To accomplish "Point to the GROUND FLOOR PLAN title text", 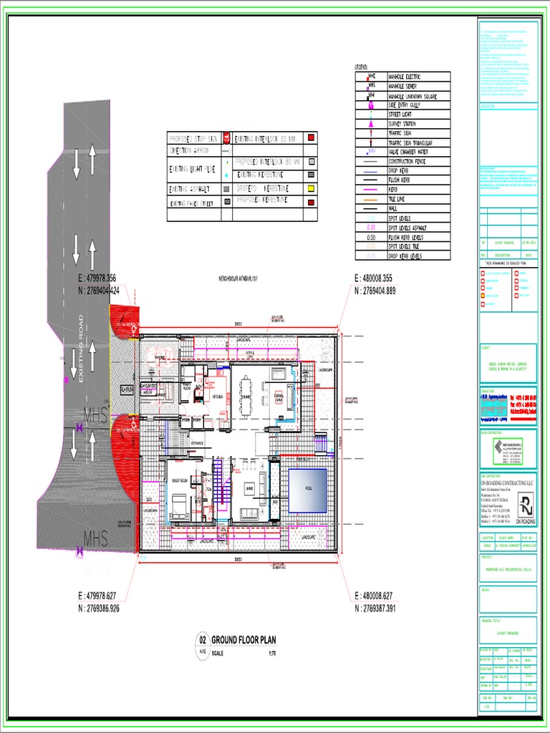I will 243,639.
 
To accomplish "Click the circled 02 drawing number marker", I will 202,640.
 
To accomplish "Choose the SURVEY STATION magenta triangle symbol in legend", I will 371,124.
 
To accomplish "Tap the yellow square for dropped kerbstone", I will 312,188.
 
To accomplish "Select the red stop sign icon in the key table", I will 226,137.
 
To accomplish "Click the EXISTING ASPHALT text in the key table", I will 188,189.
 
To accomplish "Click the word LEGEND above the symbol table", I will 361,67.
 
